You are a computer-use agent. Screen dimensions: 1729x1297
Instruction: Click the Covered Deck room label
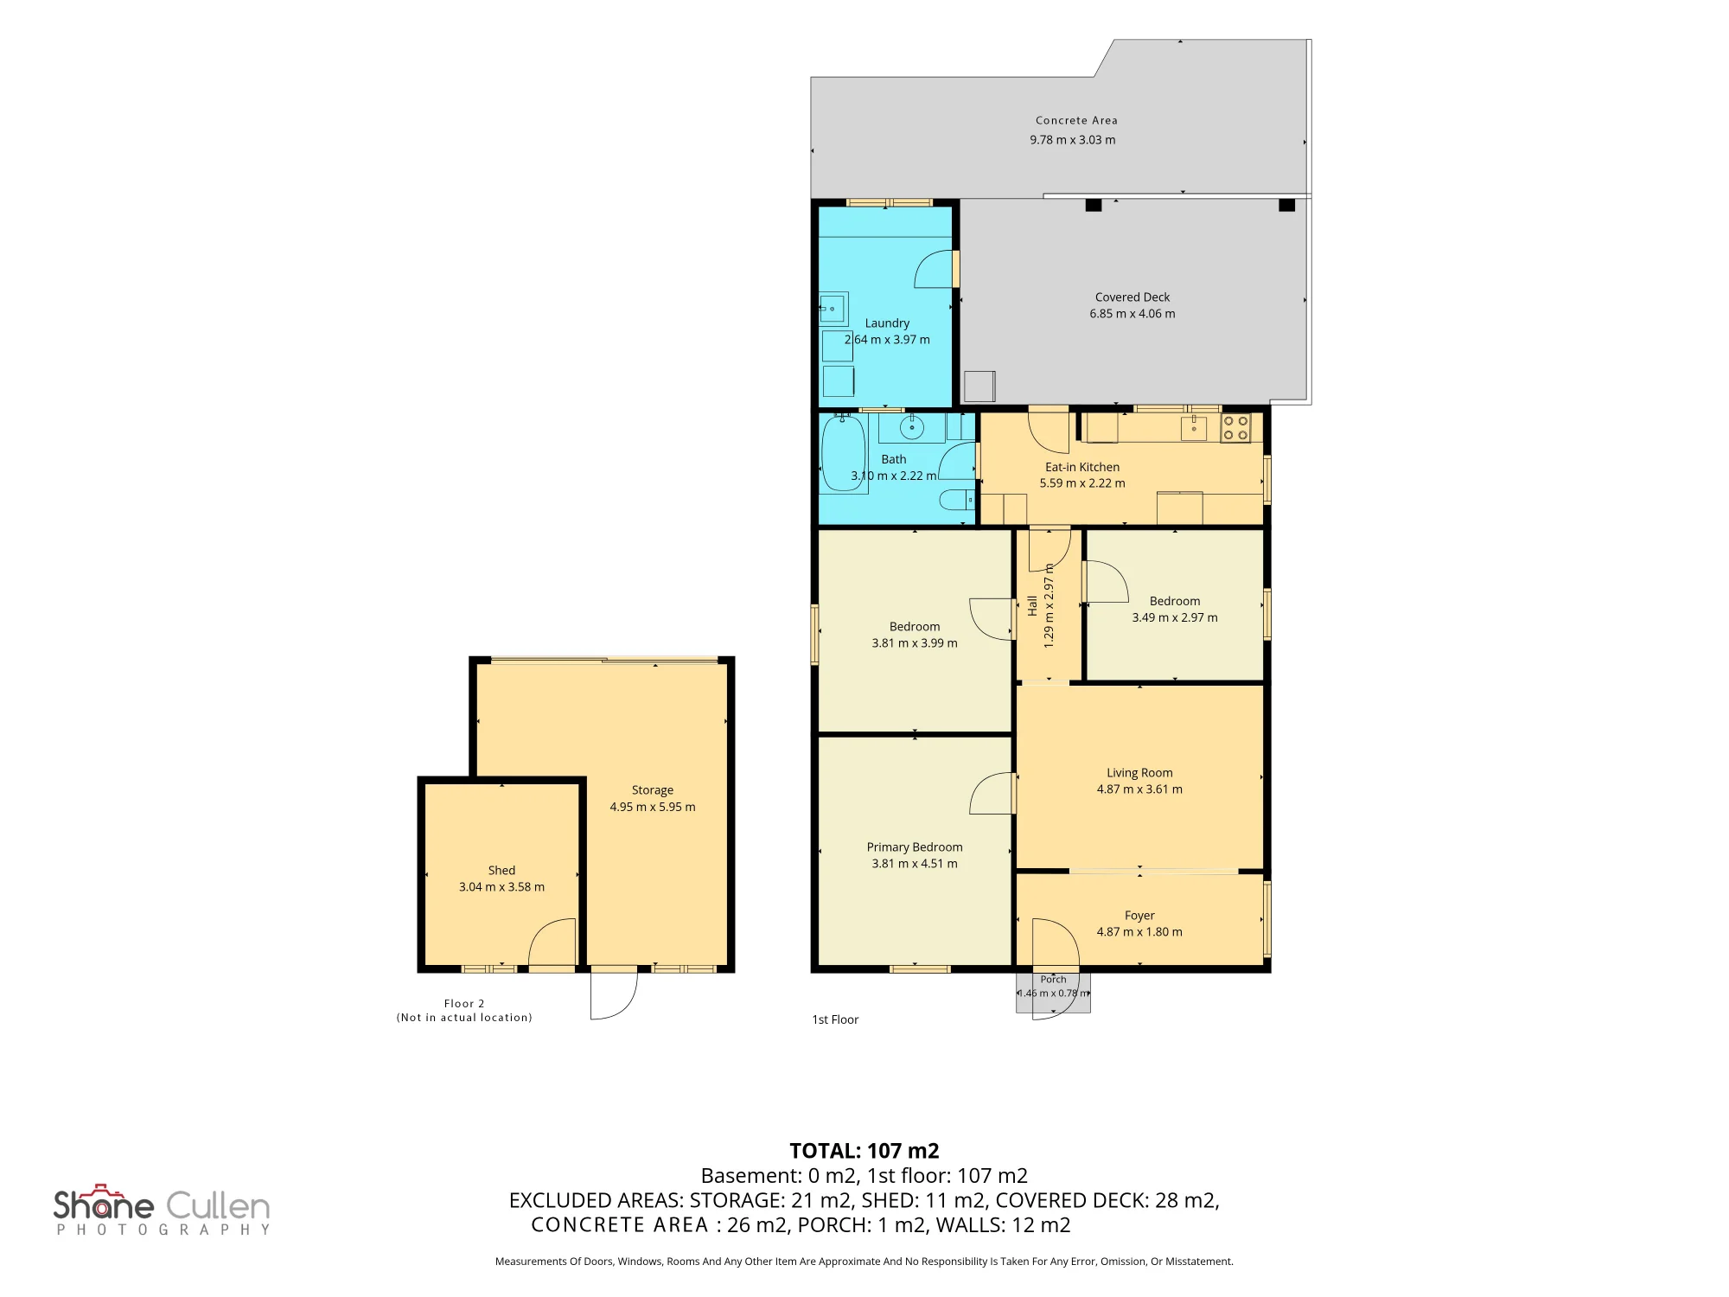tap(1132, 297)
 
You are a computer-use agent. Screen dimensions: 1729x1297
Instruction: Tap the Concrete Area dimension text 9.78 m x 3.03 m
tap(1072, 140)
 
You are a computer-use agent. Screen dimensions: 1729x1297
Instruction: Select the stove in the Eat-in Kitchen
tap(1235, 428)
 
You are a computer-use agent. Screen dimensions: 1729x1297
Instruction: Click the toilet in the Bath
tap(956, 500)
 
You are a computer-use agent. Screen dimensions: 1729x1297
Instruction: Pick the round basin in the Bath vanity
tap(911, 427)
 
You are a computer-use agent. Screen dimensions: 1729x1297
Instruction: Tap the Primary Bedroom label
tap(915, 847)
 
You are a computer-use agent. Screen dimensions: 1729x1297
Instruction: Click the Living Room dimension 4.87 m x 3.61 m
tap(1139, 789)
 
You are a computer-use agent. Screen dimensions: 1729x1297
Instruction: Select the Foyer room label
tap(1139, 916)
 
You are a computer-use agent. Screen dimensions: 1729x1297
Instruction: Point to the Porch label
tap(1053, 980)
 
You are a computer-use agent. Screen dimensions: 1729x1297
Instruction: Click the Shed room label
tap(501, 871)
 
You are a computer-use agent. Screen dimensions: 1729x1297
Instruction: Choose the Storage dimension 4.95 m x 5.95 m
tap(653, 807)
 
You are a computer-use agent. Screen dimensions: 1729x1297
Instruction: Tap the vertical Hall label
tap(1032, 605)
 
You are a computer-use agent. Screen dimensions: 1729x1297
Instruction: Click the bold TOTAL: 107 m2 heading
tap(864, 1151)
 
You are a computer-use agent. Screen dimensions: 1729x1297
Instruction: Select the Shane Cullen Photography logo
tap(162, 1210)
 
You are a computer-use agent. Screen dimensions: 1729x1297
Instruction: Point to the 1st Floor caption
tap(835, 1019)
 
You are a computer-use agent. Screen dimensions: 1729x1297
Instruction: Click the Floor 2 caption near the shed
tap(464, 1004)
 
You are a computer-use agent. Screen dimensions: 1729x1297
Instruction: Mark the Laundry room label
tap(887, 323)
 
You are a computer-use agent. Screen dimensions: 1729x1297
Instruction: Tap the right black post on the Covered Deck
tap(1286, 205)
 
